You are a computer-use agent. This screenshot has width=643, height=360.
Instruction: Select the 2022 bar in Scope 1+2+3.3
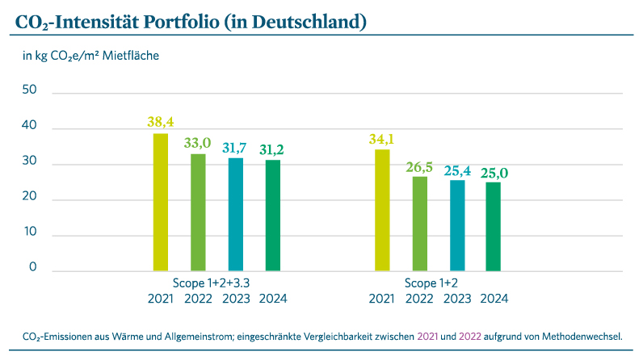198,212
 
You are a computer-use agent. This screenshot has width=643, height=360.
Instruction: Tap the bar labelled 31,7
236,215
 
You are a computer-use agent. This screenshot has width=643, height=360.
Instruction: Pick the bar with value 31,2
273,216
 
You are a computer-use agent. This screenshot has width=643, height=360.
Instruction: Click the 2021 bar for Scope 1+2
382,210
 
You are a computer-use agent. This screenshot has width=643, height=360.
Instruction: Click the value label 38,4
161,123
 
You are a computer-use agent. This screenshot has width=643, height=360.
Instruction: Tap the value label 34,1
382,139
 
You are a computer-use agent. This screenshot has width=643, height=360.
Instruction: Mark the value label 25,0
494,172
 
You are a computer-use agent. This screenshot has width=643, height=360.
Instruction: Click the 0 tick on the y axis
33,268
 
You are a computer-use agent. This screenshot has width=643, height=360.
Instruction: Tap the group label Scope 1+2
438,283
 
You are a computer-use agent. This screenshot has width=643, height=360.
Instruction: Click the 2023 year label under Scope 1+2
457,299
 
